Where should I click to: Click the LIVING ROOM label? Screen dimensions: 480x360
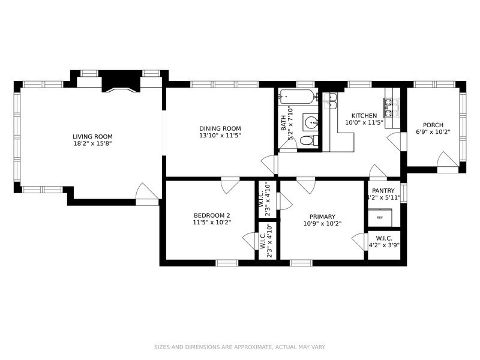point(92,137)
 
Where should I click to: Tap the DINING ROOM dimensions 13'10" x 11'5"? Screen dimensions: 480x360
point(220,136)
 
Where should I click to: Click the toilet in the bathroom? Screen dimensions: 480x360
point(308,140)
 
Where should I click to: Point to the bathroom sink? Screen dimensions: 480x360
point(311,123)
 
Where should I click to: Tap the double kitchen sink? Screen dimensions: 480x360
point(331,101)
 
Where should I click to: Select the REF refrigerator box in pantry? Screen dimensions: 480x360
point(380,217)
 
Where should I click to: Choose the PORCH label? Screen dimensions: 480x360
point(433,125)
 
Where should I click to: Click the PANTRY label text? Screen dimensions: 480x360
point(383,191)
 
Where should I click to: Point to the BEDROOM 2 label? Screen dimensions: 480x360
point(212,215)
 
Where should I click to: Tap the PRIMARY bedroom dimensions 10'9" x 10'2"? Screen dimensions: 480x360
point(322,224)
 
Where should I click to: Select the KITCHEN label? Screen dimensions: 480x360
point(364,116)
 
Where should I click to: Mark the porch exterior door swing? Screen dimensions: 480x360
point(448,160)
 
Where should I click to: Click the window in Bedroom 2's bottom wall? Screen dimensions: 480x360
point(227,263)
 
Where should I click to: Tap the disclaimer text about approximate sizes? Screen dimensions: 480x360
point(239,347)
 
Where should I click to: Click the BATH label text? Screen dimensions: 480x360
point(284,123)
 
